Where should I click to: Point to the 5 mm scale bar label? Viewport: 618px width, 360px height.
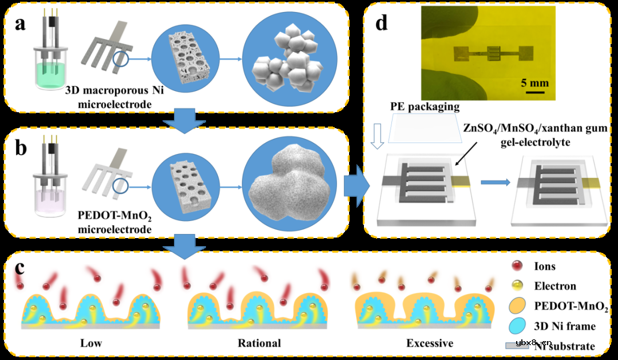tap(534, 83)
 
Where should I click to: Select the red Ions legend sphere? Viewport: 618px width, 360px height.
tap(518, 266)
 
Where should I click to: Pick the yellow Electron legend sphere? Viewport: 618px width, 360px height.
tap(518, 285)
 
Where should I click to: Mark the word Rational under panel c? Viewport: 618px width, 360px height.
tap(259, 343)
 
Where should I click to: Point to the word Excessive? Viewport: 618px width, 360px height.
tap(430, 343)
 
